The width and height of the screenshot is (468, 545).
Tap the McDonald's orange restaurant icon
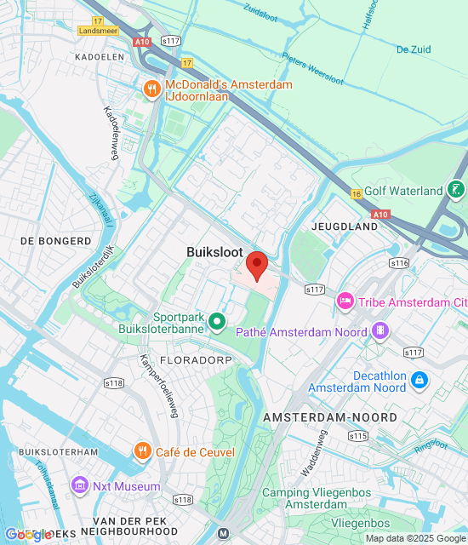pos(152,89)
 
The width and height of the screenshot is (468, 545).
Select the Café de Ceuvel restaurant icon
pos(142,450)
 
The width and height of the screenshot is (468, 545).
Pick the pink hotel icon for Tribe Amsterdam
pos(345,301)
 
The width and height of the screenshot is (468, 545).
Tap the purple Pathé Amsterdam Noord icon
pos(381,330)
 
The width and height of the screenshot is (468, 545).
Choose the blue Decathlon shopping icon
pos(418,380)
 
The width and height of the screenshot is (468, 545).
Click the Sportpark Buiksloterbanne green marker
pos(218,321)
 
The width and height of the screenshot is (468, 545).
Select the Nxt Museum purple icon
pos(80,486)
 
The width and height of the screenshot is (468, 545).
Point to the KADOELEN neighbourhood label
pos(99,56)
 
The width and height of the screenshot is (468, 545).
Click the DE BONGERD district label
pos(55,241)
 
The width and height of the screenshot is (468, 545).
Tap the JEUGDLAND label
pos(345,228)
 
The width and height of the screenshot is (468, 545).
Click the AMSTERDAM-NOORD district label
pos(330,417)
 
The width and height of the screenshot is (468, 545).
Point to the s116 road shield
pos(400,263)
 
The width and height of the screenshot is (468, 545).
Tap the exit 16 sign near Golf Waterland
pos(357,195)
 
